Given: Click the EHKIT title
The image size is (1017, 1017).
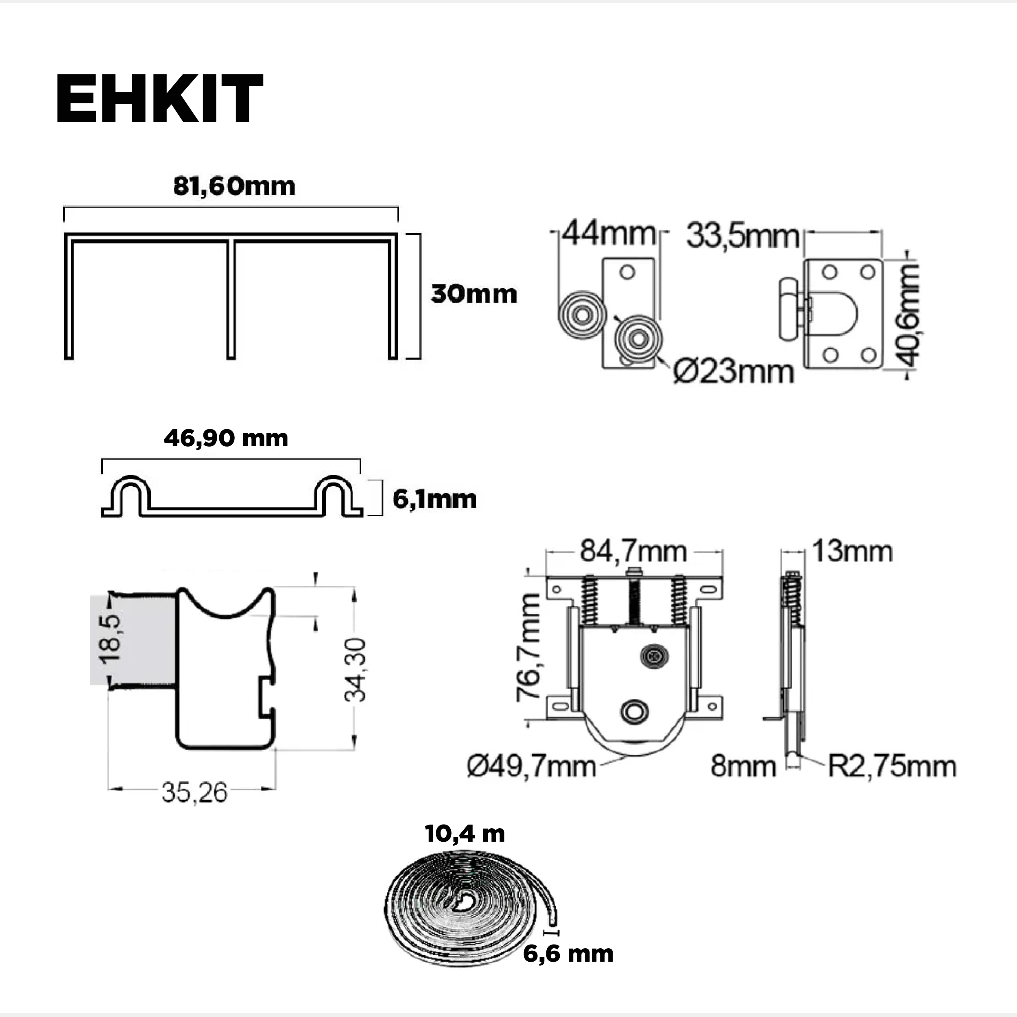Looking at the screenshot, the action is coord(159,99).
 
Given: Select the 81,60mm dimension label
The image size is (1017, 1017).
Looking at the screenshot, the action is coord(234,186).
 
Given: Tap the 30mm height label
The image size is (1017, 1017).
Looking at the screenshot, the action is coord(474,294).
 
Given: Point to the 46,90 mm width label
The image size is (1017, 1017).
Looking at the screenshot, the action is coord(226,438).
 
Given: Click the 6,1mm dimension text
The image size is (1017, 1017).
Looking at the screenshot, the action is coord(434,499).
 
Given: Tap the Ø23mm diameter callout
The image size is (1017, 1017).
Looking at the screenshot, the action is coord(733,372).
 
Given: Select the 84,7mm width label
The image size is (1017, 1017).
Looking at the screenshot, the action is coord(634,552).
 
